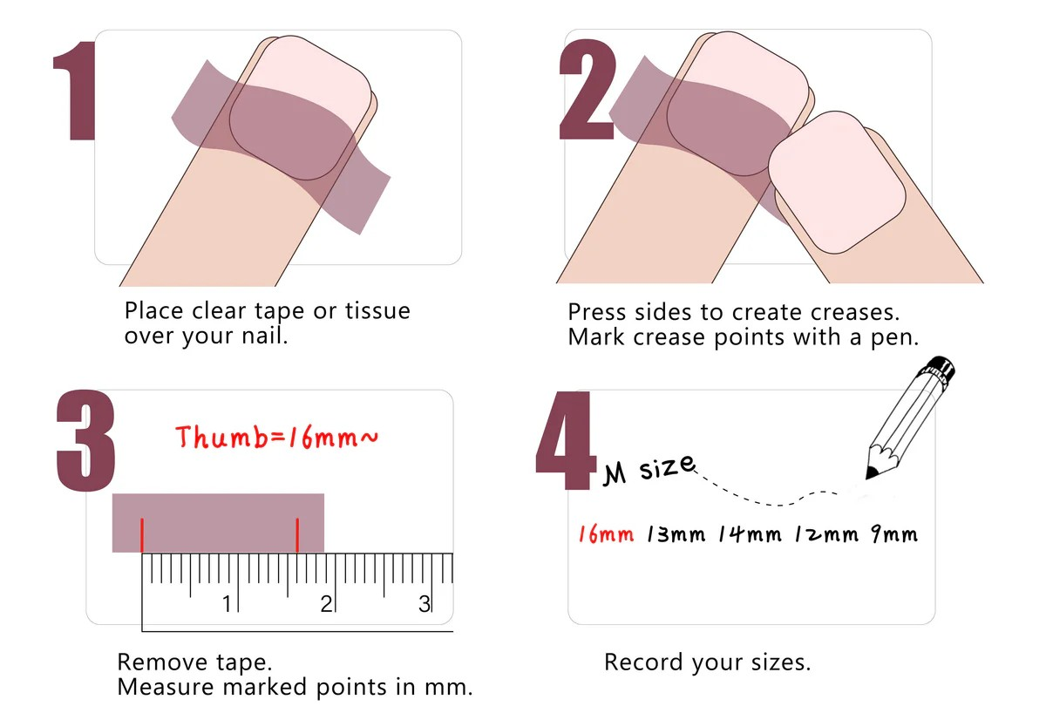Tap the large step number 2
coord(588,89)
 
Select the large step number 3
coord(85,441)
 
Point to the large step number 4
coord(566,441)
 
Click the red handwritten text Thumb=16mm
coord(276,437)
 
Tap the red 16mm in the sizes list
coord(606,534)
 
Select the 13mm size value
coord(676,534)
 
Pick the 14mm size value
coord(750,534)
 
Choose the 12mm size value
coord(826,534)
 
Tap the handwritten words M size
coord(649,469)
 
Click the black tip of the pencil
coord(871,472)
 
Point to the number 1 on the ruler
coord(227,604)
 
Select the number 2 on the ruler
coord(326,604)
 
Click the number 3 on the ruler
coord(424,604)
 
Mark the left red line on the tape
coord(142,535)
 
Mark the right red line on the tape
coord(297,535)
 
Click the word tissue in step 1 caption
coord(377,311)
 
